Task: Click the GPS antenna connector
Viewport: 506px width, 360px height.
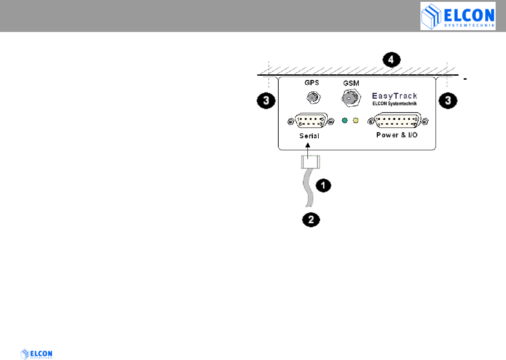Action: point(311,97)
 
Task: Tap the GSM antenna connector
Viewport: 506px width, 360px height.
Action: point(350,97)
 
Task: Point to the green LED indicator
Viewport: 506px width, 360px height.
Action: point(345,121)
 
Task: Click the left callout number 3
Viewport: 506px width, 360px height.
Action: point(267,101)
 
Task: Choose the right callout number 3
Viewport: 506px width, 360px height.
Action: point(448,101)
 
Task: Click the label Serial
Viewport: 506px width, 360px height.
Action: point(309,136)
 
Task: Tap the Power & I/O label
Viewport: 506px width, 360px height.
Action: point(397,135)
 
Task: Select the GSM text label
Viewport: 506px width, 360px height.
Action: point(350,84)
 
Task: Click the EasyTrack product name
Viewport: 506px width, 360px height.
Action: point(394,96)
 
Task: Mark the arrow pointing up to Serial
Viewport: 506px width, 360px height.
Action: point(308,150)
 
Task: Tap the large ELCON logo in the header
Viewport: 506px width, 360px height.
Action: point(457,16)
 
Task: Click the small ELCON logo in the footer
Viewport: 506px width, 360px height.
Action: point(37,354)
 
